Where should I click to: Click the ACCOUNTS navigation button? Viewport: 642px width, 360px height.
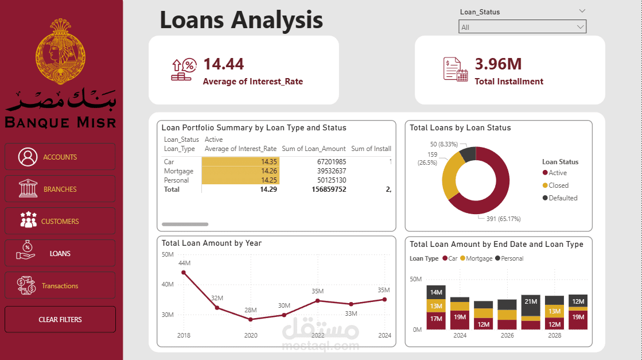60,157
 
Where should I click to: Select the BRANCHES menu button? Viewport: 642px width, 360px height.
60,189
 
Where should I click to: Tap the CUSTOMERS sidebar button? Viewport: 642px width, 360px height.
60,221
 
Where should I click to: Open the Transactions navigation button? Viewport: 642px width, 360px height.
60,285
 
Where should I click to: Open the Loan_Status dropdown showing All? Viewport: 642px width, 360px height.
522,27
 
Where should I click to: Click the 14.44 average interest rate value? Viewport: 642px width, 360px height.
223,64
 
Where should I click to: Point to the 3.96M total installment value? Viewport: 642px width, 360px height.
498,64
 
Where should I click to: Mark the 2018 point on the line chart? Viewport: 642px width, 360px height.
184,272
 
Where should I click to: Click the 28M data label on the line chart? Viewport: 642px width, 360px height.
251,310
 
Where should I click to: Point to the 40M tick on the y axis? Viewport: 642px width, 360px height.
168,284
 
